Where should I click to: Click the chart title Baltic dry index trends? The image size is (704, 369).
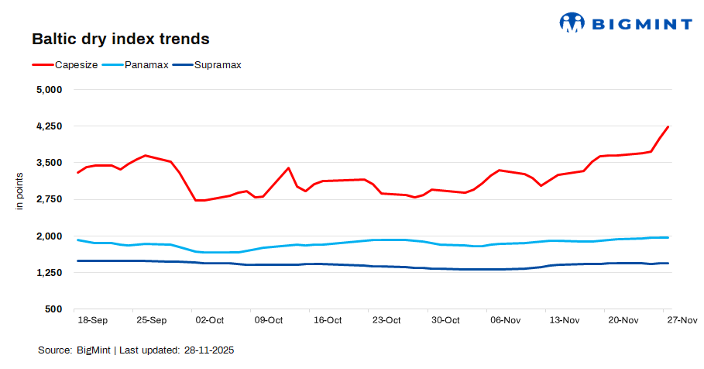pos(121,38)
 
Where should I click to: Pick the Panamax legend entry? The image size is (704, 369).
pos(146,65)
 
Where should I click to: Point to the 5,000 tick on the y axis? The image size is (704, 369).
pos(50,89)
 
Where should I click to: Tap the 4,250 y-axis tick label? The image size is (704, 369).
pos(50,126)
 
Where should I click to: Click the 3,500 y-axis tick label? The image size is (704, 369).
pos(50,163)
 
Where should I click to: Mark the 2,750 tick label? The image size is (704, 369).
pos(50,199)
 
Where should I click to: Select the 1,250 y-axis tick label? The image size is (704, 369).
pos(50,273)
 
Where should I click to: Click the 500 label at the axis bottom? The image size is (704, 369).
pos(54,309)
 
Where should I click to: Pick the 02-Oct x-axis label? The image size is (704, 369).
pos(210,319)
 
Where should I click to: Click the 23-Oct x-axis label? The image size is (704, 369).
pos(386,319)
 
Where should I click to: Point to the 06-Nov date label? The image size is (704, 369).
pos(505,319)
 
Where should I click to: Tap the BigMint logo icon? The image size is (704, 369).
pos(572,22)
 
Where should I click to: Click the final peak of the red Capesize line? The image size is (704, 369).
pos(668,126)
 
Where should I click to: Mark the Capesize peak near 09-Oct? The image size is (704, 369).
pos(288,167)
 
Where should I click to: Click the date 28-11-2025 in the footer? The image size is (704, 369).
pos(208,350)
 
